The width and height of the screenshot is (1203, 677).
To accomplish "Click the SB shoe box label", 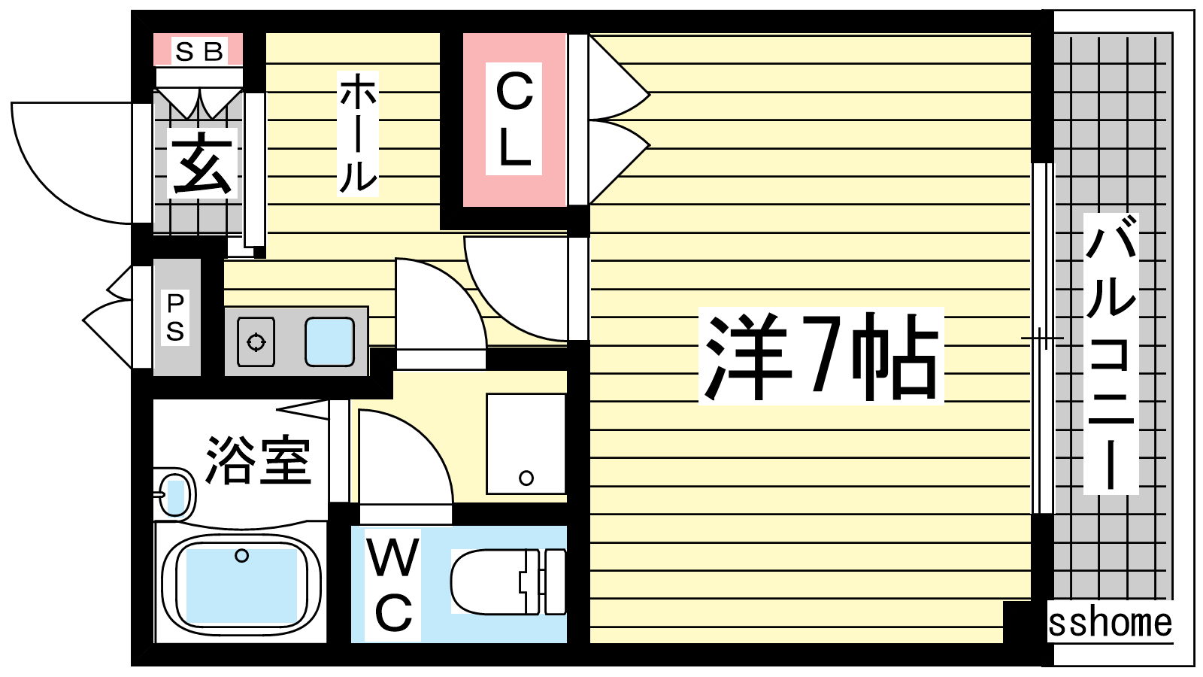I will (199, 51).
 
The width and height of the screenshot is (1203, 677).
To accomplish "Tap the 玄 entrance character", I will (202, 163).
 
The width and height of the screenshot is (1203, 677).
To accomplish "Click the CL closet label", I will (514, 119).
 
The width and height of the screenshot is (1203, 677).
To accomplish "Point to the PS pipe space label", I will (175, 317).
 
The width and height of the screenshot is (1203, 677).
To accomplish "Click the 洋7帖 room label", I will (820, 355).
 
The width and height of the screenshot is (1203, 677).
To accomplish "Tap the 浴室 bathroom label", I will (258, 460).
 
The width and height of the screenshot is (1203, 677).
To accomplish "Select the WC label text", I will (393, 584).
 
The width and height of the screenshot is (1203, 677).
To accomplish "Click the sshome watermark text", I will (1110, 623).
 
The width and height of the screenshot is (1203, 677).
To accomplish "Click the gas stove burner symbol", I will (256, 342).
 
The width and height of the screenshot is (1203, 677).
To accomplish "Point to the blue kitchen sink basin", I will (329, 342).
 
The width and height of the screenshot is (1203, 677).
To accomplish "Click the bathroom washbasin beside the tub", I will (175, 495).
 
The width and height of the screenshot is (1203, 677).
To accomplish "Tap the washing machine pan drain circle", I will (526, 478).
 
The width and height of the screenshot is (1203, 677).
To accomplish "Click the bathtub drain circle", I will (241, 556).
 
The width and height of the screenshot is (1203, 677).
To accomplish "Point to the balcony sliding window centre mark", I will (1042, 338).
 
